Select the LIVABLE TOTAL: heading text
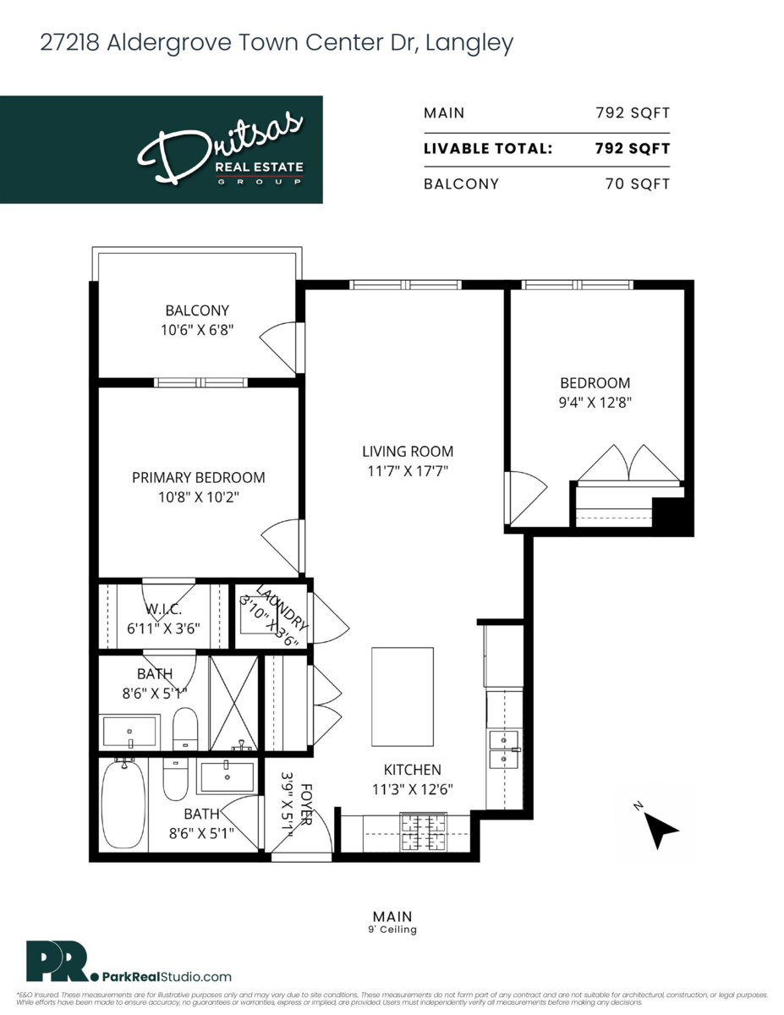point(488,149)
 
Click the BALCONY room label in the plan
point(196,310)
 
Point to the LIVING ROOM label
point(408,452)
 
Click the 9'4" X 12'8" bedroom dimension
point(589,403)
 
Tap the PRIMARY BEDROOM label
point(198,477)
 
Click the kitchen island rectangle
point(403,696)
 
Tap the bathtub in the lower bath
point(123,804)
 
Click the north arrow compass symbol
point(661,829)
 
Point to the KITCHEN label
point(412,770)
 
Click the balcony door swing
point(280,343)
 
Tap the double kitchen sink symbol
point(504,749)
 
